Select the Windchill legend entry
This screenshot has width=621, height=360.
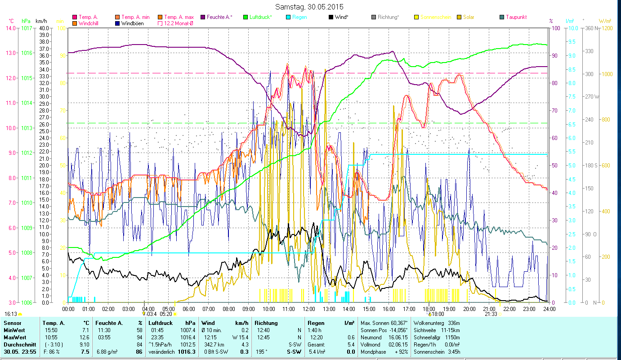click(x=88, y=23)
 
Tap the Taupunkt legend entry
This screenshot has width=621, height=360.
click(x=516, y=17)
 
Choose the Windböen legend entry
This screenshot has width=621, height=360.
click(x=132, y=23)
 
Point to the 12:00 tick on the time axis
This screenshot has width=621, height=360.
click(x=308, y=309)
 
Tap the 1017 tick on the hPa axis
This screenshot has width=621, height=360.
click(x=26, y=28)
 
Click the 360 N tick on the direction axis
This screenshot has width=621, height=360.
click(x=590, y=28)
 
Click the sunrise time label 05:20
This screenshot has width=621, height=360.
click(x=166, y=314)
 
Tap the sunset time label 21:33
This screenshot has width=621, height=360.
click(x=491, y=314)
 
